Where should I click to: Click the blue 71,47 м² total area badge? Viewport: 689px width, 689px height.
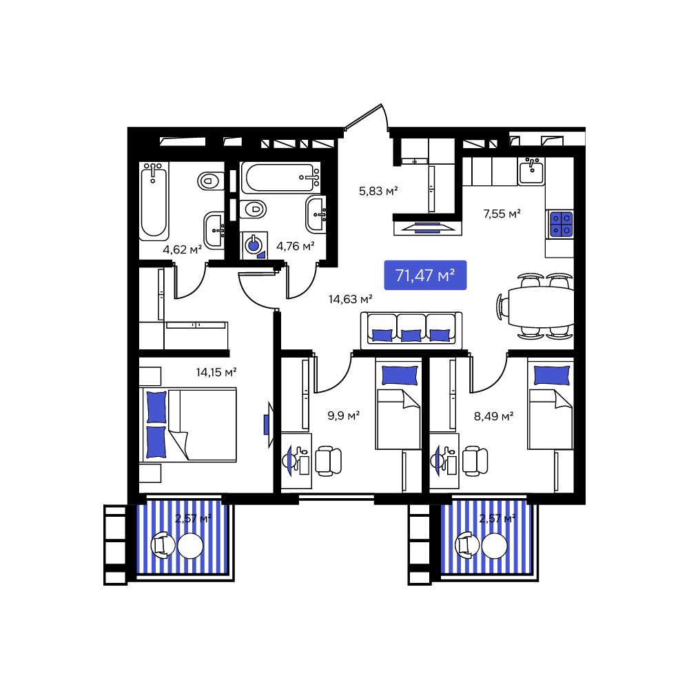click(x=425, y=276)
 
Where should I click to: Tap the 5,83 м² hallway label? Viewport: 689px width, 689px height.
click(x=378, y=191)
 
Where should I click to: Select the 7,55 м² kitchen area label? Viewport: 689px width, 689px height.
click(x=502, y=214)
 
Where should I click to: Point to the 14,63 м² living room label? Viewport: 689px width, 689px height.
click(x=350, y=299)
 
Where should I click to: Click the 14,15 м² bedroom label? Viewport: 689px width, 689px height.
click(x=216, y=372)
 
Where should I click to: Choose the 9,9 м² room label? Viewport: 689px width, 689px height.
click(x=344, y=415)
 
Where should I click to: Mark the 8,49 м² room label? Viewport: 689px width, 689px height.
click(x=493, y=415)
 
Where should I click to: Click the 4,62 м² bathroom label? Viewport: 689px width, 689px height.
click(x=182, y=249)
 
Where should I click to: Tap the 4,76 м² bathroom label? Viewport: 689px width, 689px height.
click(x=295, y=246)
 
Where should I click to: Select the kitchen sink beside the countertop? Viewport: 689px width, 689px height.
click(x=531, y=172)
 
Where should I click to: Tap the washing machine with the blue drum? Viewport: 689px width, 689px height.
click(x=254, y=245)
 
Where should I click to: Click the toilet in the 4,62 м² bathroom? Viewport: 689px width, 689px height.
click(x=210, y=180)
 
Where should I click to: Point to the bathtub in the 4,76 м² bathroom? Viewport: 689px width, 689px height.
click(x=281, y=178)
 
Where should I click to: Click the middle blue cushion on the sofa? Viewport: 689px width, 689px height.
click(x=411, y=336)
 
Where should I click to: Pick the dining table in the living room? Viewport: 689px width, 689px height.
click(x=541, y=307)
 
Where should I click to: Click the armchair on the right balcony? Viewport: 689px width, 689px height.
click(x=469, y=545)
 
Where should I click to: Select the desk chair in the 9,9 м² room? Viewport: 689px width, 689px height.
click(x=329, y=461)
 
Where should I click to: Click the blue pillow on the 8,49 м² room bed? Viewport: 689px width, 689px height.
click(x=551, y=376)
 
